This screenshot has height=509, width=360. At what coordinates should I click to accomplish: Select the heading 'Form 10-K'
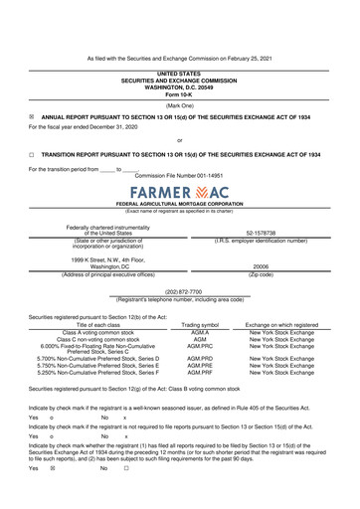(x=179, y=93)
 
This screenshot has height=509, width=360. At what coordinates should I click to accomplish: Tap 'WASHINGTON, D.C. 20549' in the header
(x=179, y=86)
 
